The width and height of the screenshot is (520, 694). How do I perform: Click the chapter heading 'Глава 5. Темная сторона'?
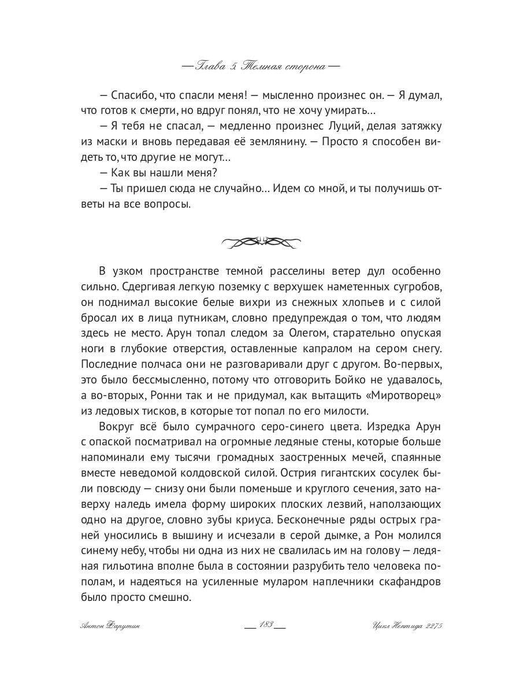click(x=260, y=66)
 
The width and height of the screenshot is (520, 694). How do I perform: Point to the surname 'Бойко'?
click(x=356, y=380)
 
